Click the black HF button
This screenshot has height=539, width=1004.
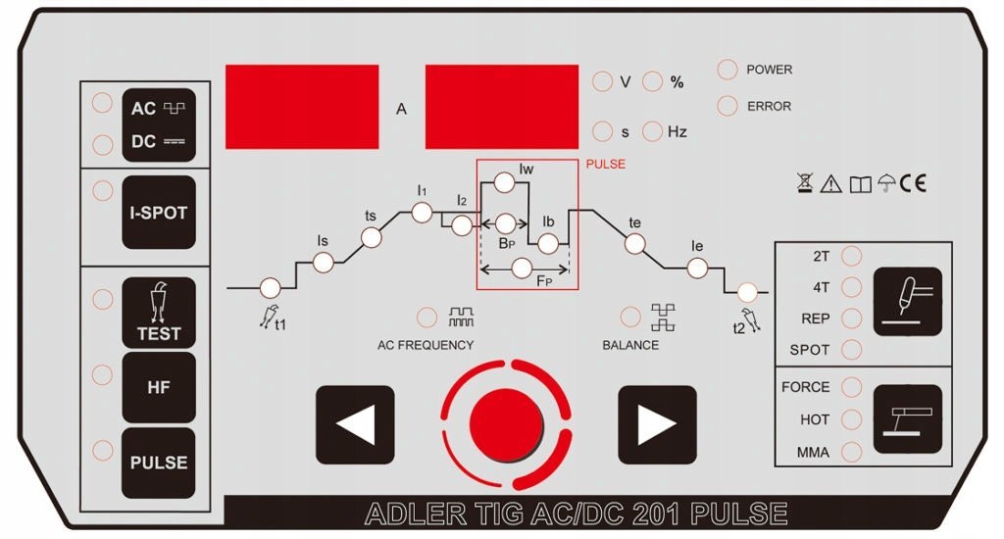pyautogui.click(x=159, y=387)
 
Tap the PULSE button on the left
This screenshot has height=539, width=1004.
pyautogui.click(x=159, y=462)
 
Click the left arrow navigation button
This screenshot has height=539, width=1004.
pyautogui.click(x=355, y=424)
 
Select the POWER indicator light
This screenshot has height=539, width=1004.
pyautogui.click(x=728, y=70)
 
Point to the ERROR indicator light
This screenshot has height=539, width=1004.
pyautogui.click(x=728, y=106)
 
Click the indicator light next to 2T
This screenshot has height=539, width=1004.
pyautogui.click(x=852, y=256)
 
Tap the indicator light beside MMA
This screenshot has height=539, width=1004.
pyautogui.click(x=852, y=452)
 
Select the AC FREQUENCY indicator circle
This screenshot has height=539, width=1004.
pyautogui.click(x=427, y=317)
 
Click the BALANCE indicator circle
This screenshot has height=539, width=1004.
pyautogui.click(x=631, y=317)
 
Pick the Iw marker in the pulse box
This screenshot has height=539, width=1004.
pyautogui.click(x=504, y=182)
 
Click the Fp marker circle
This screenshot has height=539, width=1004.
pyautogui.click(x=523, y=267)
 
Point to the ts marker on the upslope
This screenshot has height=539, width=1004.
pyautogui.click(x=371, y=237)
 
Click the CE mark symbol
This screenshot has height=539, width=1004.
pyautogui.click(x=912, y=182)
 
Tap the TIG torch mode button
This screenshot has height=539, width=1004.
pyautogui.click(x=907, y=302)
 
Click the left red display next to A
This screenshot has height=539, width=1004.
pyautogui.click(x=302, y=107)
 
